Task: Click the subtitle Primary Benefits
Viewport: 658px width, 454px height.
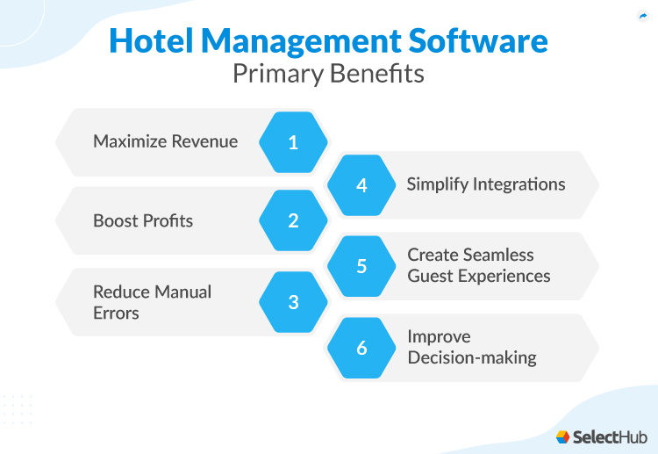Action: (x=328, y=74)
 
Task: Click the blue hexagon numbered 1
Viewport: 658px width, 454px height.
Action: (x=293, y=142)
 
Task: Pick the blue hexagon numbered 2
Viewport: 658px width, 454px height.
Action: (x=293, y=220)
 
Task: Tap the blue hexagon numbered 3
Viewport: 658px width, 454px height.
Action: (x=293, y=302)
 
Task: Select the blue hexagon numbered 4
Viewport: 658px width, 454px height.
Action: (x=361, y=185)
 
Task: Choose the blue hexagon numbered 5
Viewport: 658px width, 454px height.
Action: (x=361, y=265)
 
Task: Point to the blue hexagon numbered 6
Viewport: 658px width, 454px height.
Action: (x=361, y=348)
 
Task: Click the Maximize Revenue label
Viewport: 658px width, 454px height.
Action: (x=165, y=141)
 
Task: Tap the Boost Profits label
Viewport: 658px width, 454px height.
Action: (x=143, y=220)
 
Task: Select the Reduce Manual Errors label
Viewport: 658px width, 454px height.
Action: (x=152, y=302)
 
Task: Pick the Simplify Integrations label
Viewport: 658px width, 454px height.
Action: (x=486, y=184)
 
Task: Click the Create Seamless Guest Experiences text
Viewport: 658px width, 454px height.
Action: (x=479, y=265)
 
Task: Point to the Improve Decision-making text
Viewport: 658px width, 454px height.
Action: (x=472, y=347)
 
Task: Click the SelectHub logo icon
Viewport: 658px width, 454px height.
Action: (x=563, y=436)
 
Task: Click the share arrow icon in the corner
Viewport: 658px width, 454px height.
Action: (x=642, y=16)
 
